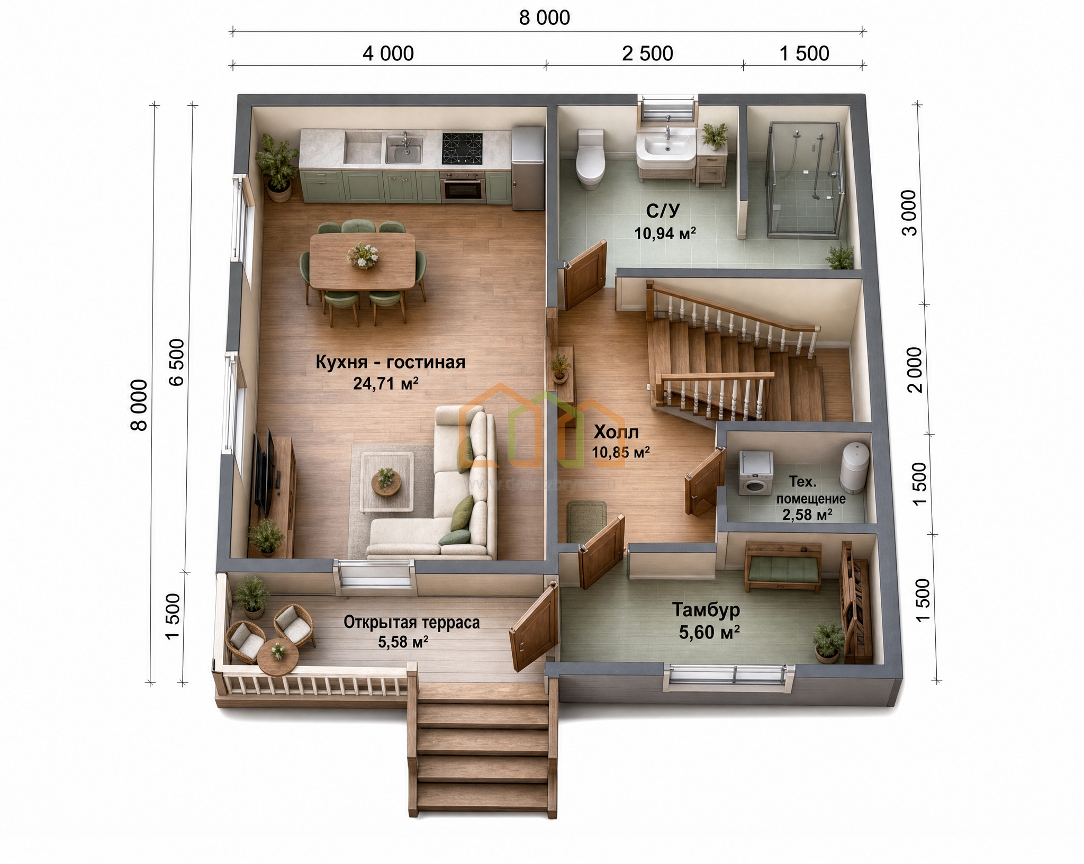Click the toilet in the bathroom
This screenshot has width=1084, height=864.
coord(591,159)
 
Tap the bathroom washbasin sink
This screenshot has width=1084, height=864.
coord(666,145)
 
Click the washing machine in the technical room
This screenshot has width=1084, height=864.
coord(756,473)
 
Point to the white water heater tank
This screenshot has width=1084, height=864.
coord(855,467)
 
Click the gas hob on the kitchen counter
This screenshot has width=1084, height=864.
coord(462,148)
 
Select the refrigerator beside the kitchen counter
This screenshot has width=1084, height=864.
coord(528,167)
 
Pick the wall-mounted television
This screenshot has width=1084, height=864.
coord(264,473)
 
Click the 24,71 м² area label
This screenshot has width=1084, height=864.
coord(386,383)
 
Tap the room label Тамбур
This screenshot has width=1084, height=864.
coord(706,610)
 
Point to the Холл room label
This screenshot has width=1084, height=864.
coord(616,433)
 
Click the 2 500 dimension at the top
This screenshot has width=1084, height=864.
coord(647,53)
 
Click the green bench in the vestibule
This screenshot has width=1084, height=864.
coord(783,566)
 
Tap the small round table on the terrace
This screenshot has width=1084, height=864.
coord(278,657)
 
